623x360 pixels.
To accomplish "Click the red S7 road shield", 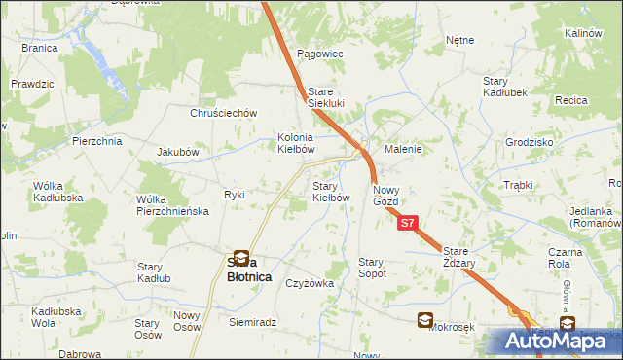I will tap(410, 224).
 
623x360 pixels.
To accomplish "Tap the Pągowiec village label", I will tap(321, 54).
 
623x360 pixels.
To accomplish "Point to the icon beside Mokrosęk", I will tap(425, 319).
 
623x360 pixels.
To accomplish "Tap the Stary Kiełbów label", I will tap(330, 191).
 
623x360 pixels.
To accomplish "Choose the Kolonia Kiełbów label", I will tap(296, 144).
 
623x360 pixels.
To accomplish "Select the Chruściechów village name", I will tap(223, 113).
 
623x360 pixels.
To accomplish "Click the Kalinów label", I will tap(584, 33).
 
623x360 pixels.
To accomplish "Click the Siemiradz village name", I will tap(253, 321).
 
